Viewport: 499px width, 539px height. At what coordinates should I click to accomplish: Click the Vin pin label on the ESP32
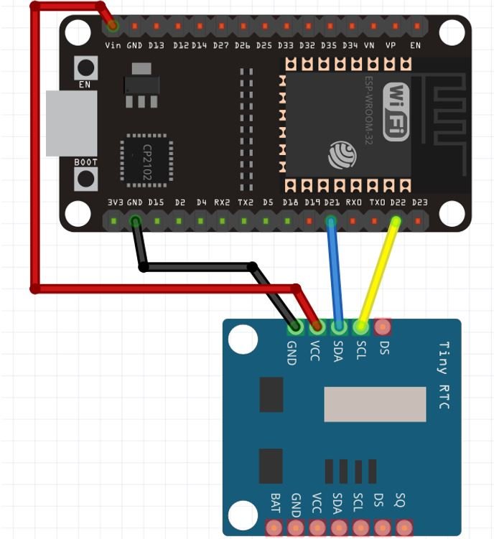[x=113, y=45]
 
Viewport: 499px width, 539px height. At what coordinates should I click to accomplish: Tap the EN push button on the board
[x=86, y=69]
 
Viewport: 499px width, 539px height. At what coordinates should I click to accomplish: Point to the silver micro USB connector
[x=70, y=123]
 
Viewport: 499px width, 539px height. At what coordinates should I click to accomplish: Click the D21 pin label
[x=332, y=203]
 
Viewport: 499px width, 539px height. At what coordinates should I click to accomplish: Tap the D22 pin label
[x=398, y=203]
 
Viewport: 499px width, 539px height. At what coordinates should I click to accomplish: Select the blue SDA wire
[x=335, y=273]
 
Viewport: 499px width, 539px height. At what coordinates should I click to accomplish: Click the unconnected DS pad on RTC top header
[x=383, y=327]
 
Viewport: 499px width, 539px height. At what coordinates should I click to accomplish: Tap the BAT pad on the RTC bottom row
[x=274, y=529]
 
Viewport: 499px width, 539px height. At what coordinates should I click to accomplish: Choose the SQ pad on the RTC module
[x=402, y=529]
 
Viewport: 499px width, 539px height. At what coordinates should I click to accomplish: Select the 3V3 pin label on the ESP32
[x=114, y=203]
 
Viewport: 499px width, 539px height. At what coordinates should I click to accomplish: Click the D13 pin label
[x=157, y=45]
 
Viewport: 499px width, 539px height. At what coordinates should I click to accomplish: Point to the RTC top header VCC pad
[x=317, y=327]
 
